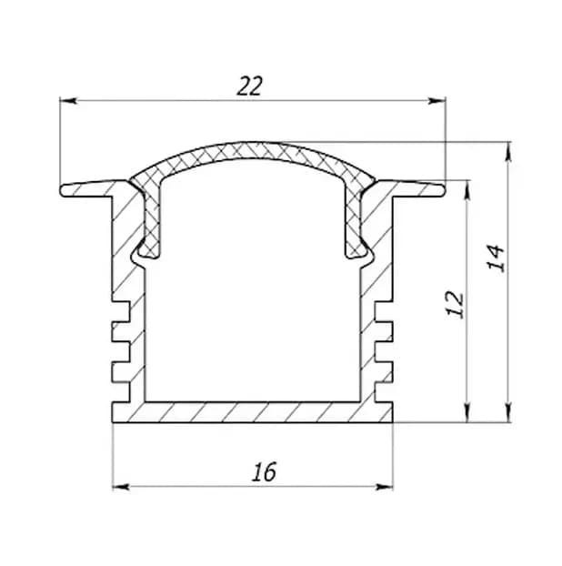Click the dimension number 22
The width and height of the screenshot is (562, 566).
tap(249, 86)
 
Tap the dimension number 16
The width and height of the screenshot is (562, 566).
tap(265, 471)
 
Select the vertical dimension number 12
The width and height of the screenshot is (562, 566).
tap(456, 304)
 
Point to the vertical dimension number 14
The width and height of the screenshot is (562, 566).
tap(496, 258)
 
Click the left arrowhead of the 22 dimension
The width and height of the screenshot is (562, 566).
tap(68, 100)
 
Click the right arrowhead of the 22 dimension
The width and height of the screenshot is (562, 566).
tap(437, 100)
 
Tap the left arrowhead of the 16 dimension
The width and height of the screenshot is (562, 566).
tap(121, 487)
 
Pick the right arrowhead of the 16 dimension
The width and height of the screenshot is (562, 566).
tap(384, 487)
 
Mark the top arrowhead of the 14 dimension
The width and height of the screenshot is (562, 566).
tap(508, 151)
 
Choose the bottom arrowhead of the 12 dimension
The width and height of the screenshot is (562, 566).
tap(467, 413)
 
